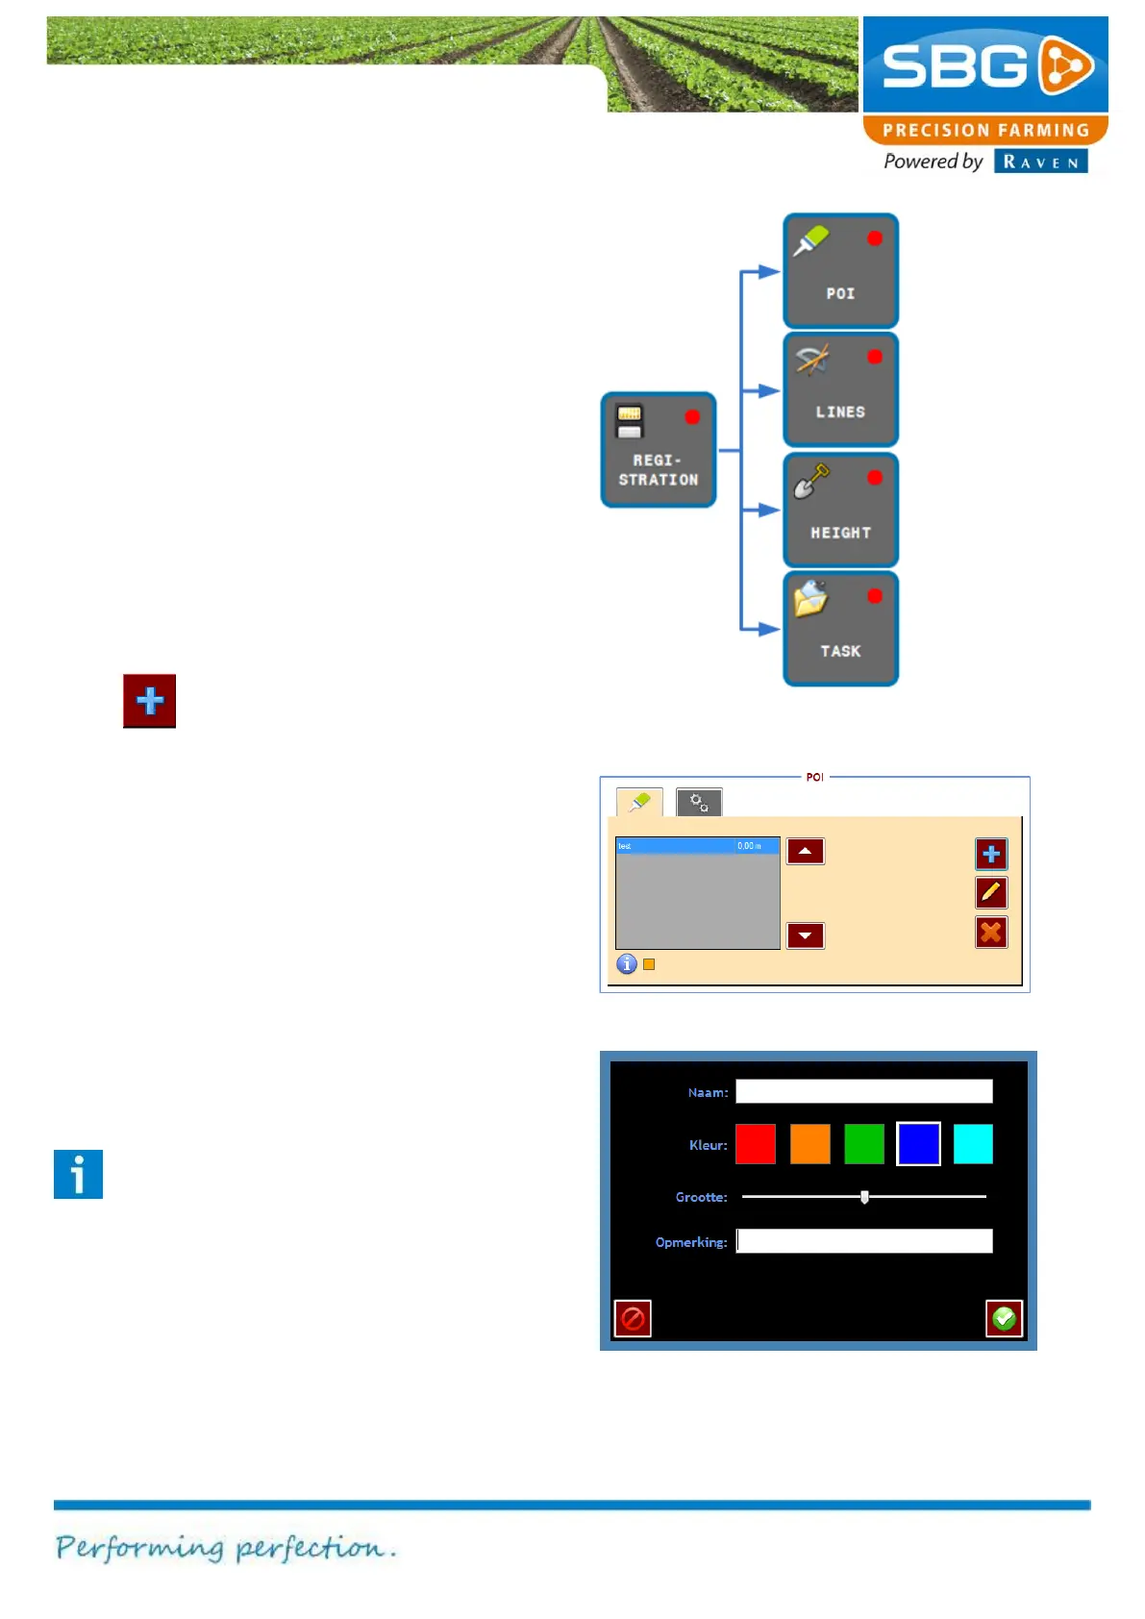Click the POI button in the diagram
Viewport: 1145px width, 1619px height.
840,271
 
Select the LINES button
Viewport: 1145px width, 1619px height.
840,389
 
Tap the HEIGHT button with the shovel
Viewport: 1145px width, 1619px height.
840,510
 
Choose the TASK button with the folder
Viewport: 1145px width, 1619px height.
840,629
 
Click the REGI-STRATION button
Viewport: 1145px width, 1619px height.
659,450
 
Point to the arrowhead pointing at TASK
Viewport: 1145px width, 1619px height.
768,629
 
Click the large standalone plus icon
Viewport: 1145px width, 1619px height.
149,701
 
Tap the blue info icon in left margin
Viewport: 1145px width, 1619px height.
78,1174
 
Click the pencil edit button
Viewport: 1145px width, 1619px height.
991,893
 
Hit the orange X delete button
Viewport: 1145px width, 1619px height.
991,933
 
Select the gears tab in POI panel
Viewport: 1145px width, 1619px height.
699,803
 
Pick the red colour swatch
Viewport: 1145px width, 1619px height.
756,1144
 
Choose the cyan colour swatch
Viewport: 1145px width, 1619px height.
973,1144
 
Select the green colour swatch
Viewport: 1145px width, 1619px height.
864,1144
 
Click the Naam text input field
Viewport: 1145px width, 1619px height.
863,1091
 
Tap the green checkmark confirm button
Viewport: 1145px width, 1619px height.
1004,1318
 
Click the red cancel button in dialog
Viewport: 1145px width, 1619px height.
633,1318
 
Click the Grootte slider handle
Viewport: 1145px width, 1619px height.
864,1197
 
